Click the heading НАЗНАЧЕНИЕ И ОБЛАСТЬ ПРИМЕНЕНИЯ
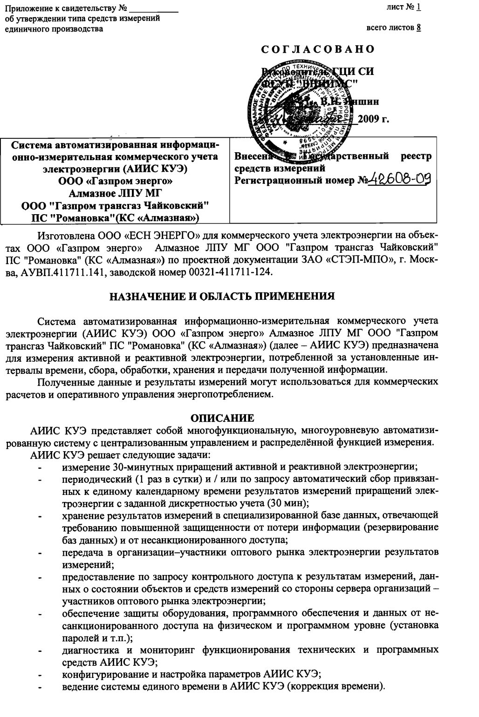222,297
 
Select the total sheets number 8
419,27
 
